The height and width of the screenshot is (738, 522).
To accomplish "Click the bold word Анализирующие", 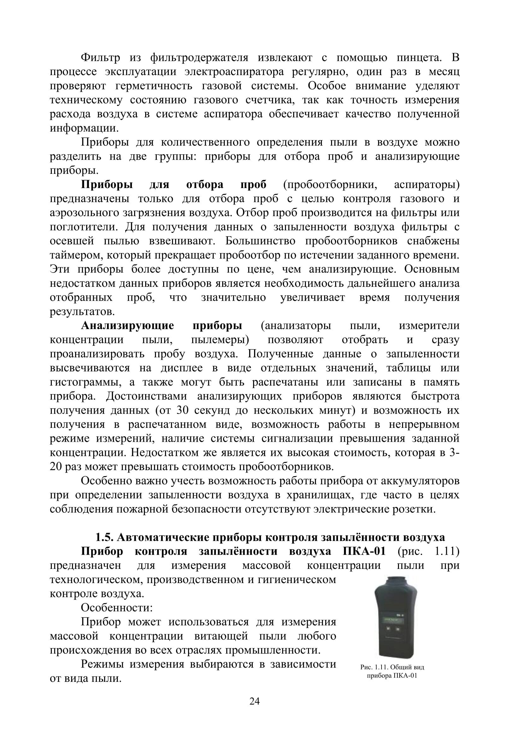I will click(x=127, y=326).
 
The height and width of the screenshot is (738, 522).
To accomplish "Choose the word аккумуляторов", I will click(x=420, y=481).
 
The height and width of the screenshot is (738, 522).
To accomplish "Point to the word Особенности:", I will click(x=117, y=608).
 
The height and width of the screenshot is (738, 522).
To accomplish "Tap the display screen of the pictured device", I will click(x=393, y=619).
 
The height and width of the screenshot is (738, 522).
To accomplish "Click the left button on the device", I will click(x=388, y=629).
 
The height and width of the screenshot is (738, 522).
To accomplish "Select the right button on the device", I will click(x=398, y=629).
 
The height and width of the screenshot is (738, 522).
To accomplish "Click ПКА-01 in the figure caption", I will click(x=405, y=676).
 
